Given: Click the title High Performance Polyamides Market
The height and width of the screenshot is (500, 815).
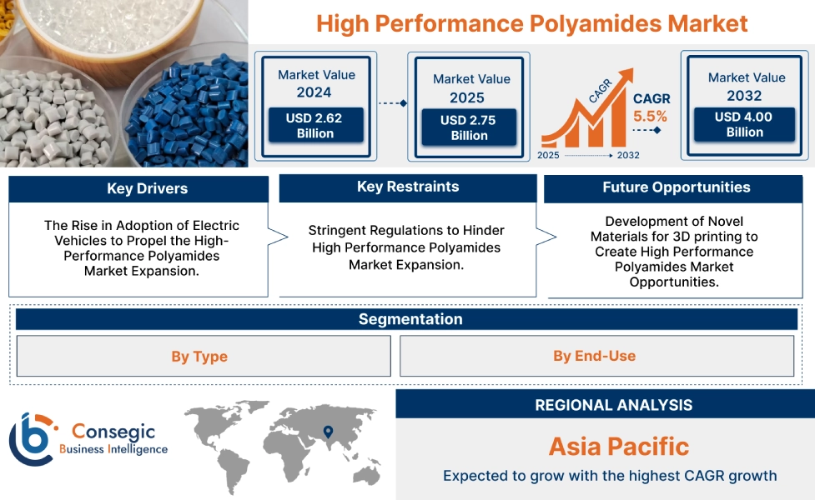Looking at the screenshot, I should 531,22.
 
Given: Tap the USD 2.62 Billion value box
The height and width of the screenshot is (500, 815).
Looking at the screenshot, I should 314,126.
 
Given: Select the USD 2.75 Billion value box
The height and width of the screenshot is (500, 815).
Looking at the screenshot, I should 469,128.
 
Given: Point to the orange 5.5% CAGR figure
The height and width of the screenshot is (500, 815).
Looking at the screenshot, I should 650,117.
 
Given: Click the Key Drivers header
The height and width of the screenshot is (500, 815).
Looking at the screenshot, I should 138,189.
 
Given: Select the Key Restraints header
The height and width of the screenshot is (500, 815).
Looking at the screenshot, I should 407,187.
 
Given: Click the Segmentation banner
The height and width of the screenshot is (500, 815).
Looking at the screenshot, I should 410,319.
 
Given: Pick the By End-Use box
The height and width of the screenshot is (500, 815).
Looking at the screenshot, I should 595,357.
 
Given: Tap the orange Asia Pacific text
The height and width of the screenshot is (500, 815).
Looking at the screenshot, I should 618,446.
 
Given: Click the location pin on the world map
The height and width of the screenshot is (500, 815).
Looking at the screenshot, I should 328,432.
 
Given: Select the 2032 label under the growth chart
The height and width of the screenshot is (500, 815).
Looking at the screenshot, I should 628,155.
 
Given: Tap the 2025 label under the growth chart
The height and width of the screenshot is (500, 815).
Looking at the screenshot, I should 549,155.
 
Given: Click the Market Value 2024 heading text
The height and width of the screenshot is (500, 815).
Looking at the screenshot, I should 316,83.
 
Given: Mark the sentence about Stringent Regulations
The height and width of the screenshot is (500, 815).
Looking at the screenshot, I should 406,247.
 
